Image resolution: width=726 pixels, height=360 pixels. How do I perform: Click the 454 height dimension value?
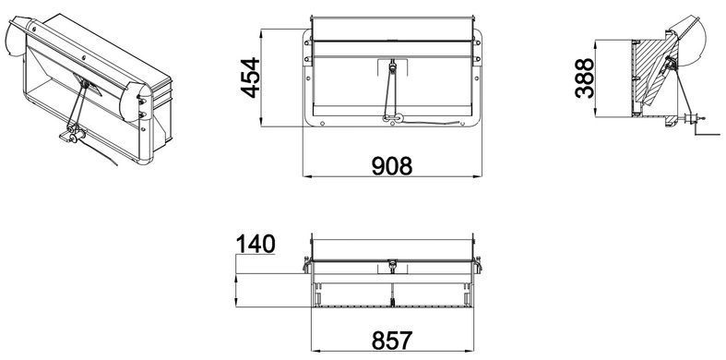[250, 78]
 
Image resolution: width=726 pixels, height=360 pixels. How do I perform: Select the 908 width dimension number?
[392, 166]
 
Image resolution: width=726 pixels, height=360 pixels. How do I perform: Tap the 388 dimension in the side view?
[584, 78]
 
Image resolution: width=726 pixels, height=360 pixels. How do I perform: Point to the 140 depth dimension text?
[256, 244]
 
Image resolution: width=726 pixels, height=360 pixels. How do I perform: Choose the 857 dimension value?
[392, 341]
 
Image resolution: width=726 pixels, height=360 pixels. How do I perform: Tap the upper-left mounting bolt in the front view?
[307, 44]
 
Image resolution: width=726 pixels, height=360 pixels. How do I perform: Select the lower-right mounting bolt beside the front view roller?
[477, 59]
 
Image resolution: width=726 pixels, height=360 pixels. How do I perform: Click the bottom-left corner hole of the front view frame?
[322, 124]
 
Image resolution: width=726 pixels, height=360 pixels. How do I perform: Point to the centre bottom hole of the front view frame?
[393, 124]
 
